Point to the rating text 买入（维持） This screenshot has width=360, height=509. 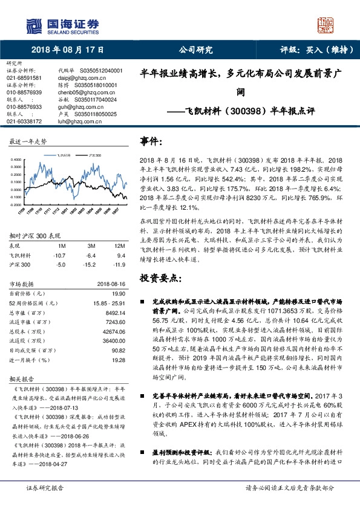[x=327, y=50]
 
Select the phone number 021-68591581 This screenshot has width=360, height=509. [x=24, y=78]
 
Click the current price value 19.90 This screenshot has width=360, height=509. [x=119, y=293]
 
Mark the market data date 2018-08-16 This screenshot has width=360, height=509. [x=111, y=283]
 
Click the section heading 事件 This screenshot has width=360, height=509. [x=151, y=141]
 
